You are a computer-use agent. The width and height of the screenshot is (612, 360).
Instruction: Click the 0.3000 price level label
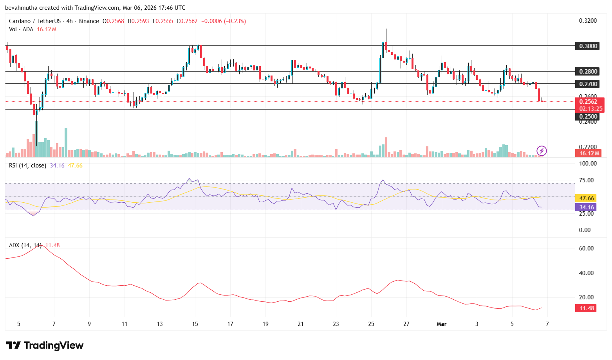click(x=588, y=46)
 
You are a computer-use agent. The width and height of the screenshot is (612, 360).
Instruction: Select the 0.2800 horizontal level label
click(x=588, y=71)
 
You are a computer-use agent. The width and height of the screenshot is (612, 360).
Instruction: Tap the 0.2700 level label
click(x=588, y=84)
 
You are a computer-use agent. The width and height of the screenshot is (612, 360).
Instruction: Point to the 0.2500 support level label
click(x=588, y=116)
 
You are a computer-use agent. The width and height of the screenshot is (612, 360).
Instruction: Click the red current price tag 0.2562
click(x=588, y=102)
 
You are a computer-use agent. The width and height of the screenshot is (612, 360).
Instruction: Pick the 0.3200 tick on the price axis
click(x=588, y=21)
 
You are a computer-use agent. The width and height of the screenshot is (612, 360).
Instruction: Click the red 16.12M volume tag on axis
click(x=589, y=153)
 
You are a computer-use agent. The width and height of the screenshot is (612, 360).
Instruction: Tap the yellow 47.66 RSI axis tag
click(x=587, y=198)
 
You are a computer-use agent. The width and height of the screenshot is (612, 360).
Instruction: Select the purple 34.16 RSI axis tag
click(x=587, y=207)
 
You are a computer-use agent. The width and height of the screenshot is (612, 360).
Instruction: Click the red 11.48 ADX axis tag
click(x=587, y=308)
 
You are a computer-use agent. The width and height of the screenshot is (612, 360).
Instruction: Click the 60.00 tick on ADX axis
click(x=586, y=248)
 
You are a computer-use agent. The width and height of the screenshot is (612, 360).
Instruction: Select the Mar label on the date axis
click(x=442, y=324)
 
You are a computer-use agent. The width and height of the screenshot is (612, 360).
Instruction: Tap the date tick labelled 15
click(x=195, y=324)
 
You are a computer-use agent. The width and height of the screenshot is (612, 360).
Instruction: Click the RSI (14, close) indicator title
click(x=27, y=166)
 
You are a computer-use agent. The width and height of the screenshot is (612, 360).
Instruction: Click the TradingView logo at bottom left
click(x=45, y=346)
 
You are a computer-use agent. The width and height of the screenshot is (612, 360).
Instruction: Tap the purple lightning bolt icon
click(x=542, y=151)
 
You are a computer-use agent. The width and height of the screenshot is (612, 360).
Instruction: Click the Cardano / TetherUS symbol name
click(x=35, y=21)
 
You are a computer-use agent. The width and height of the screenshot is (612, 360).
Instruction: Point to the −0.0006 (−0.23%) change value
click(x=224, y=21)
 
